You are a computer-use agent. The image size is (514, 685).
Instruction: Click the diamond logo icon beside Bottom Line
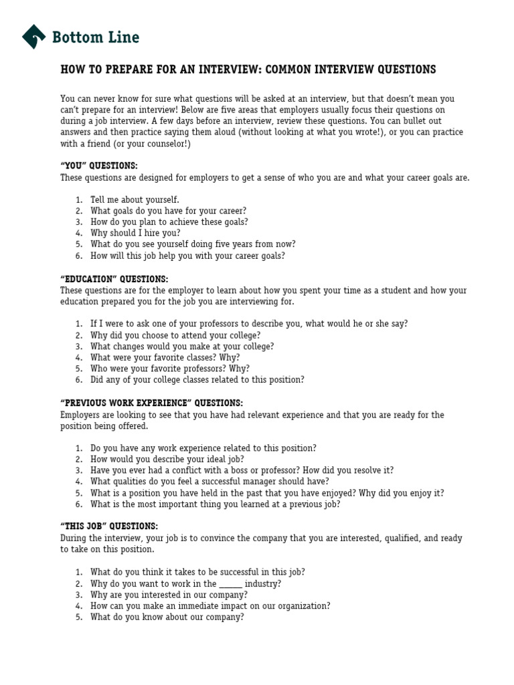pyautogui.click(x=33, y=37)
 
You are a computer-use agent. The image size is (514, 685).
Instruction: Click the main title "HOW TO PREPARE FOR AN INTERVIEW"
pyautogui.click(x=248, y=70)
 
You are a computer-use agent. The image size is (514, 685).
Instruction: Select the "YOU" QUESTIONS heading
pyautogui.click(x=98, y=166)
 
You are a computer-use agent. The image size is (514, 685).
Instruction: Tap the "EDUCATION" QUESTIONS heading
pyautogui.click(x=114, y=279)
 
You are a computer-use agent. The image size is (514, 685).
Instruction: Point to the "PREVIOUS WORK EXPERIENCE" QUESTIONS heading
pyautogui.click(x=151, y=403)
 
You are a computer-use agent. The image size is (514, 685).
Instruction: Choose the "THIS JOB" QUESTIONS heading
pyautogui.click(x=109, y=526)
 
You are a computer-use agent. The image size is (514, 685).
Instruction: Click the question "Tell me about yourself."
pyautogui.click(x=135, y=199)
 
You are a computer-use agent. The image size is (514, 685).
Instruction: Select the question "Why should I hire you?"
pyautogui.click(x=135, y=233)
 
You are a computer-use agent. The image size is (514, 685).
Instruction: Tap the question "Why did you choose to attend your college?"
pyautogui.click(x=175, y=335)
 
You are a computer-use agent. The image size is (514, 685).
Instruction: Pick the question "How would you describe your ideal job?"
pyautogui.click(x=167, y=460)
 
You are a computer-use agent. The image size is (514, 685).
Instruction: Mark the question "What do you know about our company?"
pyautogui.click(x=167, y=617)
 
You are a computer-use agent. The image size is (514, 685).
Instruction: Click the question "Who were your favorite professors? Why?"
pyautogui.click(x=170, y=369)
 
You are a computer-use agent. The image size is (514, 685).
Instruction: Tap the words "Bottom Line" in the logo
pyautogui.click(x=96, y=37)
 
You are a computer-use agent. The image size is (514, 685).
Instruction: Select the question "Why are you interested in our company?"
pyautogui.click(x=169, y=595)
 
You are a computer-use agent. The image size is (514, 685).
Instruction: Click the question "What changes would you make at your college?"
pyautogui.click(x=182, y=347)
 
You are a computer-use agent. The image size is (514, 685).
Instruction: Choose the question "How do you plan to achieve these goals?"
pyautogui.click(x=169, y=222)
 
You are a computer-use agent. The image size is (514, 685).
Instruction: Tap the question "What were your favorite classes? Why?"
pyautogui.click(x=165, y=358)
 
